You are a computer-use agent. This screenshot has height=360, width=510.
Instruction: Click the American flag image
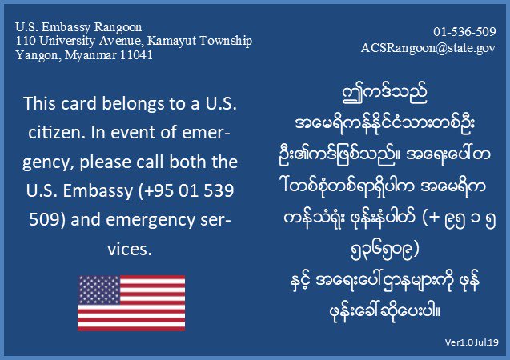pyautogui.click(x=131, y=303)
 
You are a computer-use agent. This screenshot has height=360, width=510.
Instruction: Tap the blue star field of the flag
pyautogui.click(x=98, y=290)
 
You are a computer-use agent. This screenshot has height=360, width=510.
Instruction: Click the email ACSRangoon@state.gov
pyautogui.click(x=428, y=48)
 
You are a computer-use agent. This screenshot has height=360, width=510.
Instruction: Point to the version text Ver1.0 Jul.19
pyautogui.click(x=472, y=342)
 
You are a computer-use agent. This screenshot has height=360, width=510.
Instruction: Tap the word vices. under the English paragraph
pyautogui.click(x=131, y=249)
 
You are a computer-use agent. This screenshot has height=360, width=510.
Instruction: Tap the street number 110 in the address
pyautogui.click(x=24, y=40)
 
